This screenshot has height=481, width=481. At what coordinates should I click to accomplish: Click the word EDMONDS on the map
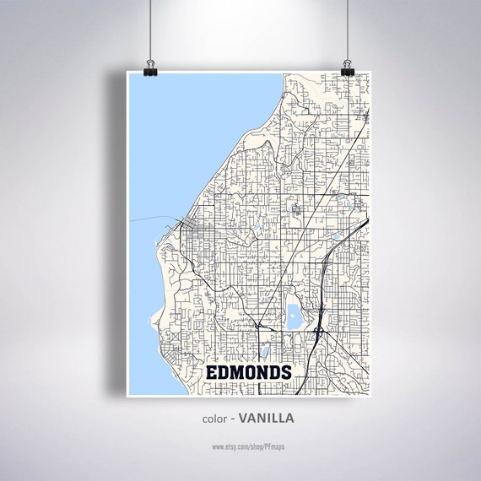point(250,372)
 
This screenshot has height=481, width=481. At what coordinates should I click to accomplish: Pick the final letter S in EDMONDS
point(286,372)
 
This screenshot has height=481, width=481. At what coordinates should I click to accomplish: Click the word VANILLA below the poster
point(267,417)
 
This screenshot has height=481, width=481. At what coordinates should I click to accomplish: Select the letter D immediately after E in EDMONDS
point(225,372)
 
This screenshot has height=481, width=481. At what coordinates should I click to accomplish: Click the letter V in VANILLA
point(243,417)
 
